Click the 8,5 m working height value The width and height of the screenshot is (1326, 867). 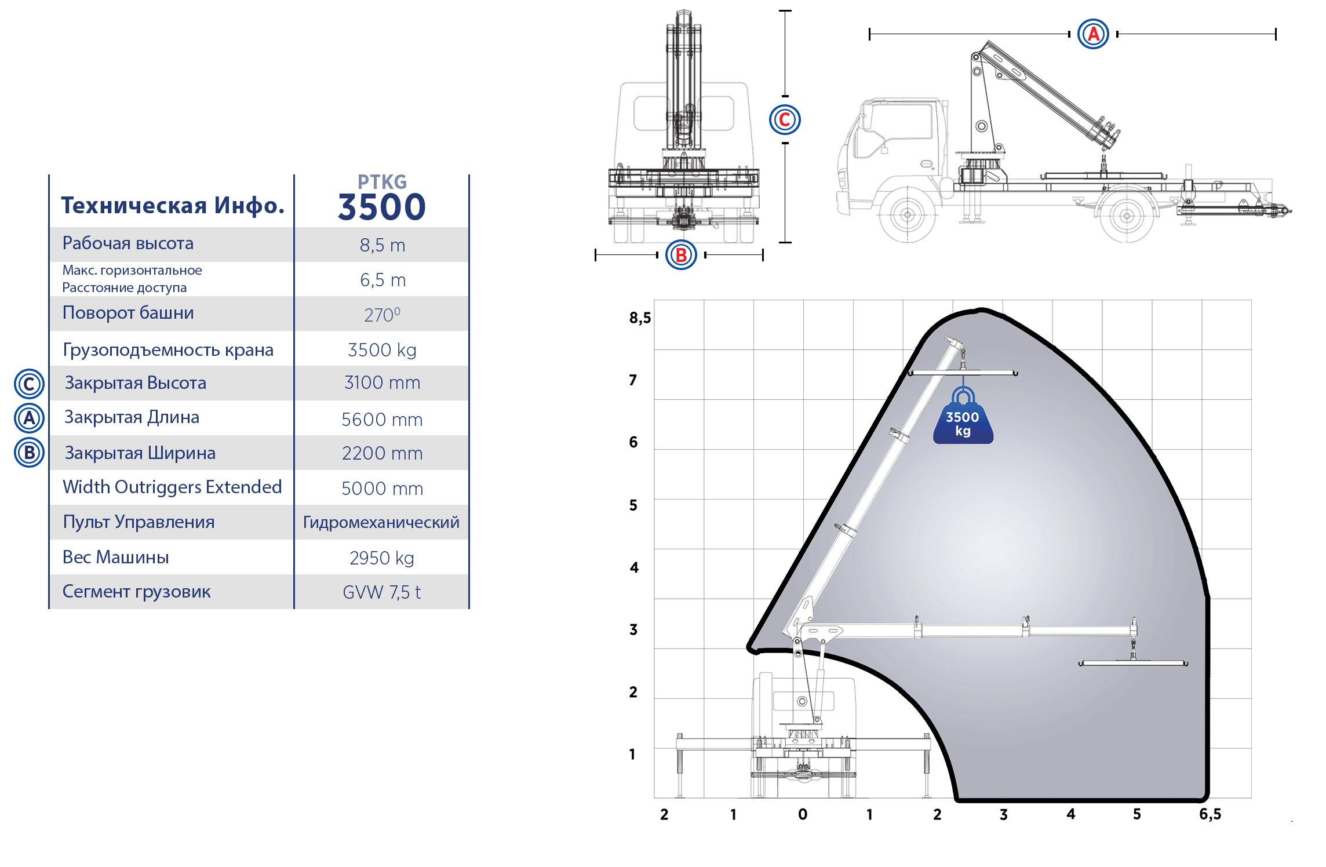pos(382,245)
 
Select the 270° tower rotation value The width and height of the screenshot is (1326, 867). pos(382,315)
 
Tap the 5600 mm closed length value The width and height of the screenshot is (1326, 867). pos(382,419)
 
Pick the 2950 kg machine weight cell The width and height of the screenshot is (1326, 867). pos(382,558)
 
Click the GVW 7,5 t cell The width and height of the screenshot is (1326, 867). pos(382,592)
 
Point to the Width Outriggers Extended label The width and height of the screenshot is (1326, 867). pos(172,487)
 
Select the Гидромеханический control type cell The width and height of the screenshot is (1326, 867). pos(381,522)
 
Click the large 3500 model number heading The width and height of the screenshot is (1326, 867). pos(382,207)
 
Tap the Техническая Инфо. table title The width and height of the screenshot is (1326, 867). pos(173,205)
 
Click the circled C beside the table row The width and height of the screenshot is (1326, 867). pos(29,384)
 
